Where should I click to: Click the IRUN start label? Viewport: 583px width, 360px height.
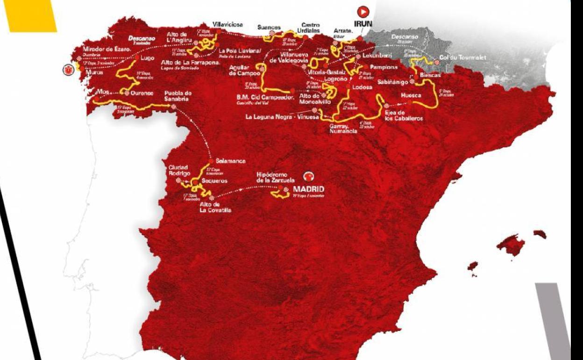(x=363, y=22)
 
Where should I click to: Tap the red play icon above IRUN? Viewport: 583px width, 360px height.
(x=363, y=11)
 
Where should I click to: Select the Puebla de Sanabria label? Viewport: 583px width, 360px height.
(x=178, y=96)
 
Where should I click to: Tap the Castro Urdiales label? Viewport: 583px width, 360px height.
(x=310, y=28)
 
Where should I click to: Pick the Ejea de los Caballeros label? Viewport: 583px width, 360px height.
(x=404, y=115)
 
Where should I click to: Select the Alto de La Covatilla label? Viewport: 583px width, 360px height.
(x=215, y=207)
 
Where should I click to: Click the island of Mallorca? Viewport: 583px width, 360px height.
(x=511, y=245)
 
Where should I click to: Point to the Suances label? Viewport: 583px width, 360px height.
(x=270, y=27)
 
